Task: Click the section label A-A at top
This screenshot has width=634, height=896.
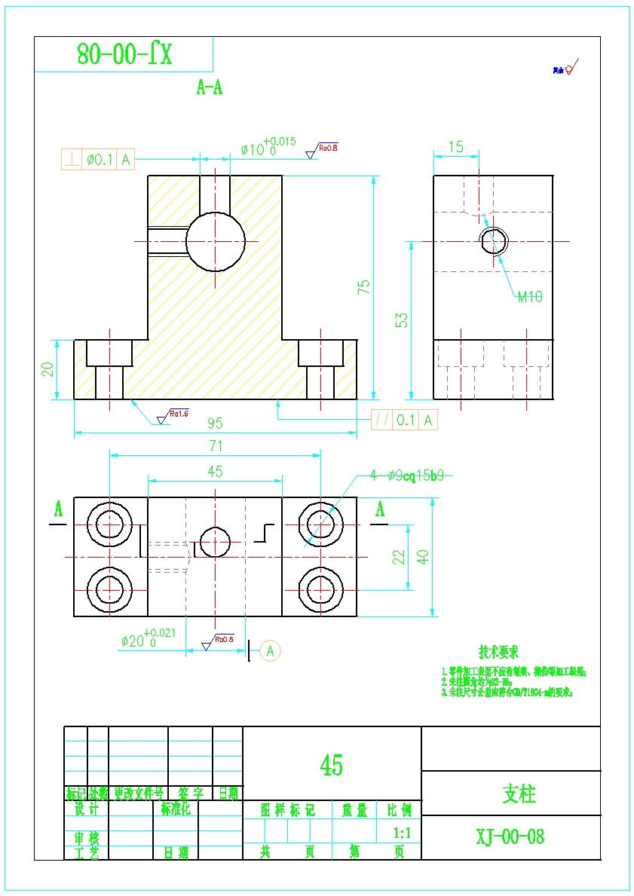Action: click(x=210, y=88)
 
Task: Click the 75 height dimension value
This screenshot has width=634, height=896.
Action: click(x=364, y=287)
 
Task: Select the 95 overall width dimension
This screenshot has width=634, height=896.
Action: click(x=215, y=424)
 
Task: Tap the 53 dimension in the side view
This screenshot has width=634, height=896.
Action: click(x=403, y=320)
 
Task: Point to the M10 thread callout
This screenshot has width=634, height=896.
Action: click(x=530, y=297)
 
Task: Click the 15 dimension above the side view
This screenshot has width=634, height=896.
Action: click(x=455, y=147)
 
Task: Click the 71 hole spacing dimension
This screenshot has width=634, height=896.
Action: click(x=216, y=446)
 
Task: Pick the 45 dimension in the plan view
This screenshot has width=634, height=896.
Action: click(x=215, y=472)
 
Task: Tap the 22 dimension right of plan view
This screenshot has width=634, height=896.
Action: click(x=400, y=557)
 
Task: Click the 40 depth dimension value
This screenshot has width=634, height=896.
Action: click(x=424, y=557)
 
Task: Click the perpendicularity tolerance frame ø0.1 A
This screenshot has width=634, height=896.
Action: click(x=98, y=160)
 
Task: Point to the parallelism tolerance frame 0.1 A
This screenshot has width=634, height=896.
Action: click(x=404, y=420)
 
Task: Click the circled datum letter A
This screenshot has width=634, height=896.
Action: click(x=271, y=650)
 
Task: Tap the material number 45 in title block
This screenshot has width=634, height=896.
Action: click(x=331, y=766)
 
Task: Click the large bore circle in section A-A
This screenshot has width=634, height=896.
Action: click(x=216, y=242)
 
